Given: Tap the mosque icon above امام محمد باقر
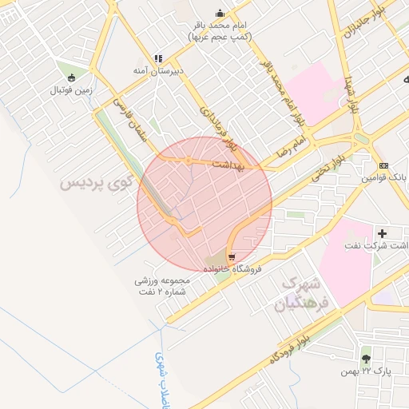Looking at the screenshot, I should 220,14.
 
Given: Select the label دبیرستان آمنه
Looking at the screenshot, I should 158,71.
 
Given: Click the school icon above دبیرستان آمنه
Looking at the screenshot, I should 158,59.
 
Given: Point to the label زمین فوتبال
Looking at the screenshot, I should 73,90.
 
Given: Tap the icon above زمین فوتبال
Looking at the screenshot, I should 73,78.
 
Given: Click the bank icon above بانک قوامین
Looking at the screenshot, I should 384,165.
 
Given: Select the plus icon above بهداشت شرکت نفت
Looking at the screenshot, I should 383,233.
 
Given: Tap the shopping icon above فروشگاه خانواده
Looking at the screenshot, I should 232,257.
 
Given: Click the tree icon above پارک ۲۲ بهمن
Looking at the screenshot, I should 366,359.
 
